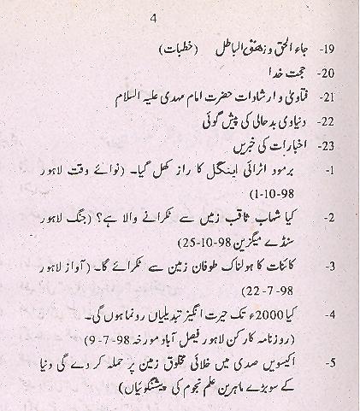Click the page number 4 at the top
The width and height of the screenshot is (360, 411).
pos(153,19)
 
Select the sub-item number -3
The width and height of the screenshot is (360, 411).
pos(327,267)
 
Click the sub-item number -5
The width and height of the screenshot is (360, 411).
pos(327,365)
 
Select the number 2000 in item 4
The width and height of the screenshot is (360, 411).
pos(273,315)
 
